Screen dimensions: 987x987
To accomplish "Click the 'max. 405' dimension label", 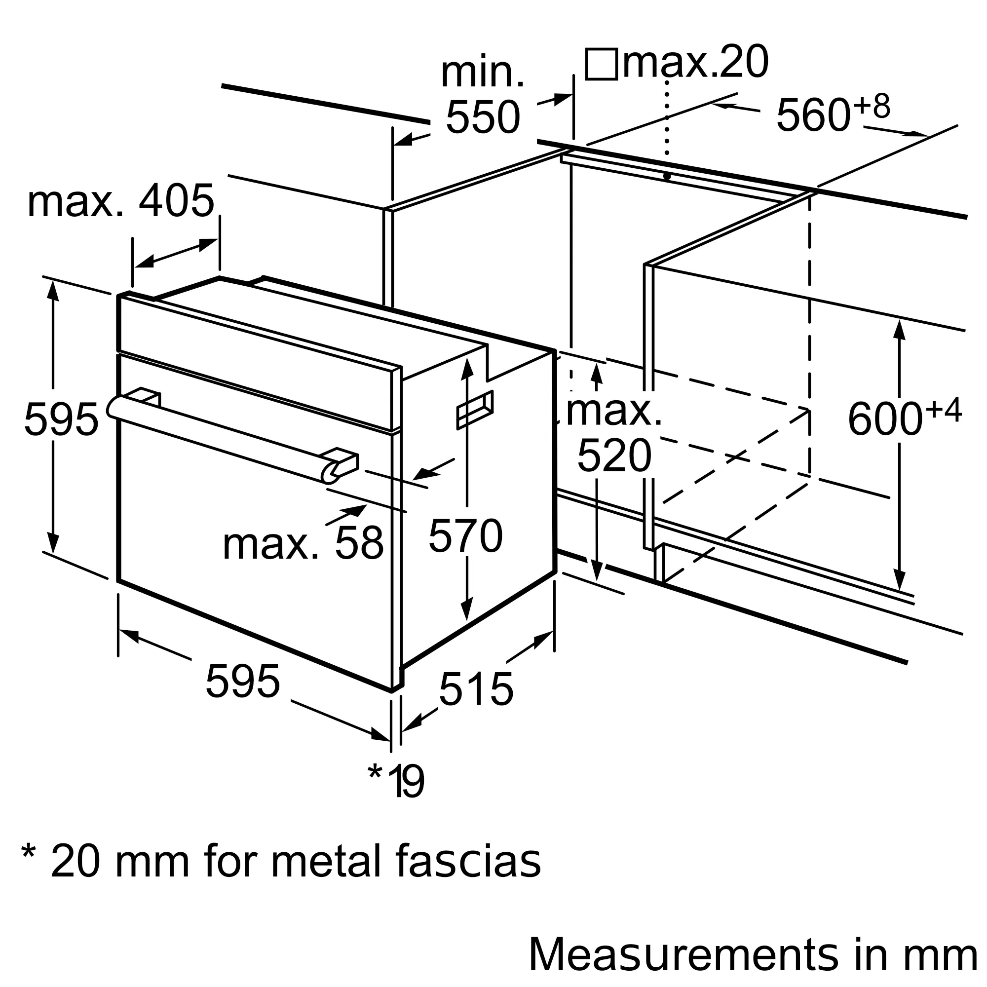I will pyautogui.click(x=120, y=201).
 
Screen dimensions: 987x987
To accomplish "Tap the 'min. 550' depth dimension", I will pyautogui.click(x=483, y=97).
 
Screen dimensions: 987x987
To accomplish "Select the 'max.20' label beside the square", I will pyautogui.click(x=695, y=62).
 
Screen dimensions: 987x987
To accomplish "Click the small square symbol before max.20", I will pyautogui.click(x=601, y=64).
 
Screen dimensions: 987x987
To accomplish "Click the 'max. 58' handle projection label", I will pyautogui.click(x=303, y=543).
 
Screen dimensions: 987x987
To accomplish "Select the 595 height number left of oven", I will pyautogui.click(x=61, y=419).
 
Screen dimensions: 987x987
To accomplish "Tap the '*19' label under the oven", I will pyautogui.click(x=396, y=781).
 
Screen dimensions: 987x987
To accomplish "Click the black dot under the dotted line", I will pyautogui.click(x=667, y=176).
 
